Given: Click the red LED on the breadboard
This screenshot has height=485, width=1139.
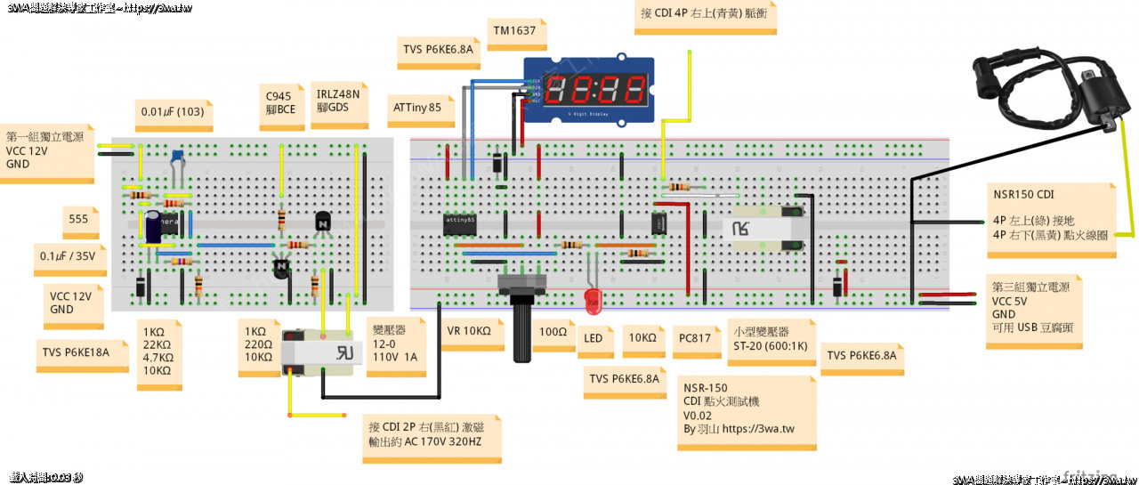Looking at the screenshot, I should pyautogui.click(x=593, y=299).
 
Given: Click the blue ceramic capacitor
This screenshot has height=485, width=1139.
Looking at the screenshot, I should pyautogui.click(x=178, y=158).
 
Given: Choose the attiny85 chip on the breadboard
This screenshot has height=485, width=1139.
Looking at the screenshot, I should pyautogui.click(x=459, y=222).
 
